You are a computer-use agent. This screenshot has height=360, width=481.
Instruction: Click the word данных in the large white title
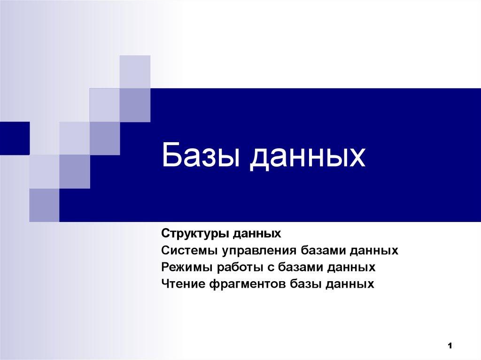[x=307, y=157]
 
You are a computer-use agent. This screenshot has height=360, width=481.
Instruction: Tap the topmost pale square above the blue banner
[x=135, y=71]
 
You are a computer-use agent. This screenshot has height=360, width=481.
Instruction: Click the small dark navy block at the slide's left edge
[x=15, y=138]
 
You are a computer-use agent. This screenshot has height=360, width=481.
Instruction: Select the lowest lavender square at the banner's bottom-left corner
[x=44, y=205]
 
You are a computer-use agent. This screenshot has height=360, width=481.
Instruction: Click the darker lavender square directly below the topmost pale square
[x=135, y=105]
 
